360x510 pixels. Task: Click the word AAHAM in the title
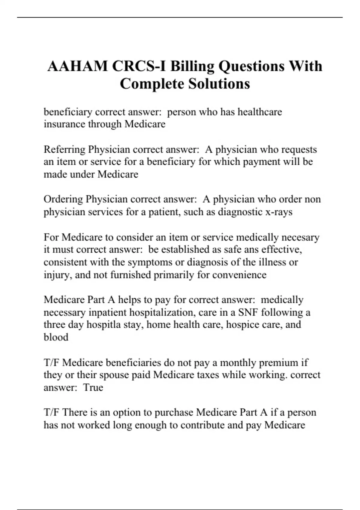click(77, 66)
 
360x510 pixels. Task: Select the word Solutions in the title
click(219, 84)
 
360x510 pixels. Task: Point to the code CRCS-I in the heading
click(139, 66)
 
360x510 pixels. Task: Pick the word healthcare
click(260, 112)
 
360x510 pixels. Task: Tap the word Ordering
click(63, 199)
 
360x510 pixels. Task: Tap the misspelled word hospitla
click(104, 325)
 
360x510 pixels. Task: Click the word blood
click(56, 337)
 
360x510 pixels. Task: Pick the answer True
click(93, 387)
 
